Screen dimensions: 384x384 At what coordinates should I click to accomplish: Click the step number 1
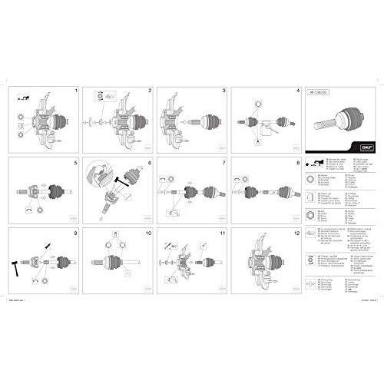coord(77,91)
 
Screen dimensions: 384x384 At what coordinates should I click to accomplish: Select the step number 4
coord(297,91)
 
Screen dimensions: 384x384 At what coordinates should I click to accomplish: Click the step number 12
coord(296,232)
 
